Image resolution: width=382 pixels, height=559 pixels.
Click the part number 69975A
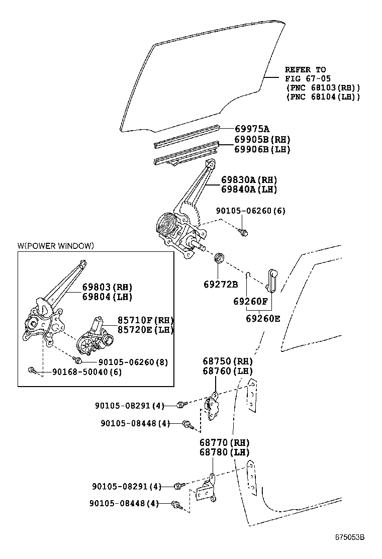tap(252, 129)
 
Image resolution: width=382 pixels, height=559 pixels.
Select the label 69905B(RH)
tap(262, 140)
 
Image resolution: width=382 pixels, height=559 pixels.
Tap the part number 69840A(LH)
tap(249, 189)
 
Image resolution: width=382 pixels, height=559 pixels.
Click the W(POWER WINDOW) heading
tap(56, 246)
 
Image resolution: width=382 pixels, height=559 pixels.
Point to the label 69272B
tap(221, 284)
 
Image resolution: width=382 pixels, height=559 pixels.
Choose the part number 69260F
tap(250, 301)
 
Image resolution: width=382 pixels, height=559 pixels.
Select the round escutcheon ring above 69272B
tap(219, 257)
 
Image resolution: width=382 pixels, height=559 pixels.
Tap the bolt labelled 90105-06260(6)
tap(243, 233)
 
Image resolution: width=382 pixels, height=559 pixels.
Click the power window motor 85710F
tap(95, 336)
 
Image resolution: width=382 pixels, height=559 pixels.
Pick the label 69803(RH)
tap(107, 287)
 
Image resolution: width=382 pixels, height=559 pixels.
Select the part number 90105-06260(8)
tap(133, 362)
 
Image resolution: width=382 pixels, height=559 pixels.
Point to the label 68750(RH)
tap(227, 361)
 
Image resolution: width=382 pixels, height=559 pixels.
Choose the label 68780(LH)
tap(224, 452)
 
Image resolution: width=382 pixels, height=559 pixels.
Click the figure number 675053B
tap(349, 537)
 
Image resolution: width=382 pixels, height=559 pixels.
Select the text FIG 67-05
tap(308, 78)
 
